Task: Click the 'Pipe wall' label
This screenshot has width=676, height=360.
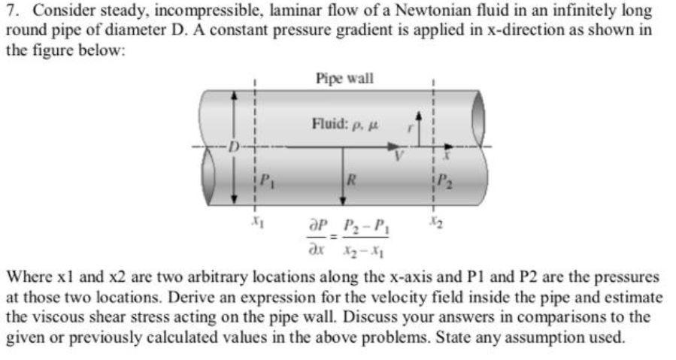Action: [x=344, y=78]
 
